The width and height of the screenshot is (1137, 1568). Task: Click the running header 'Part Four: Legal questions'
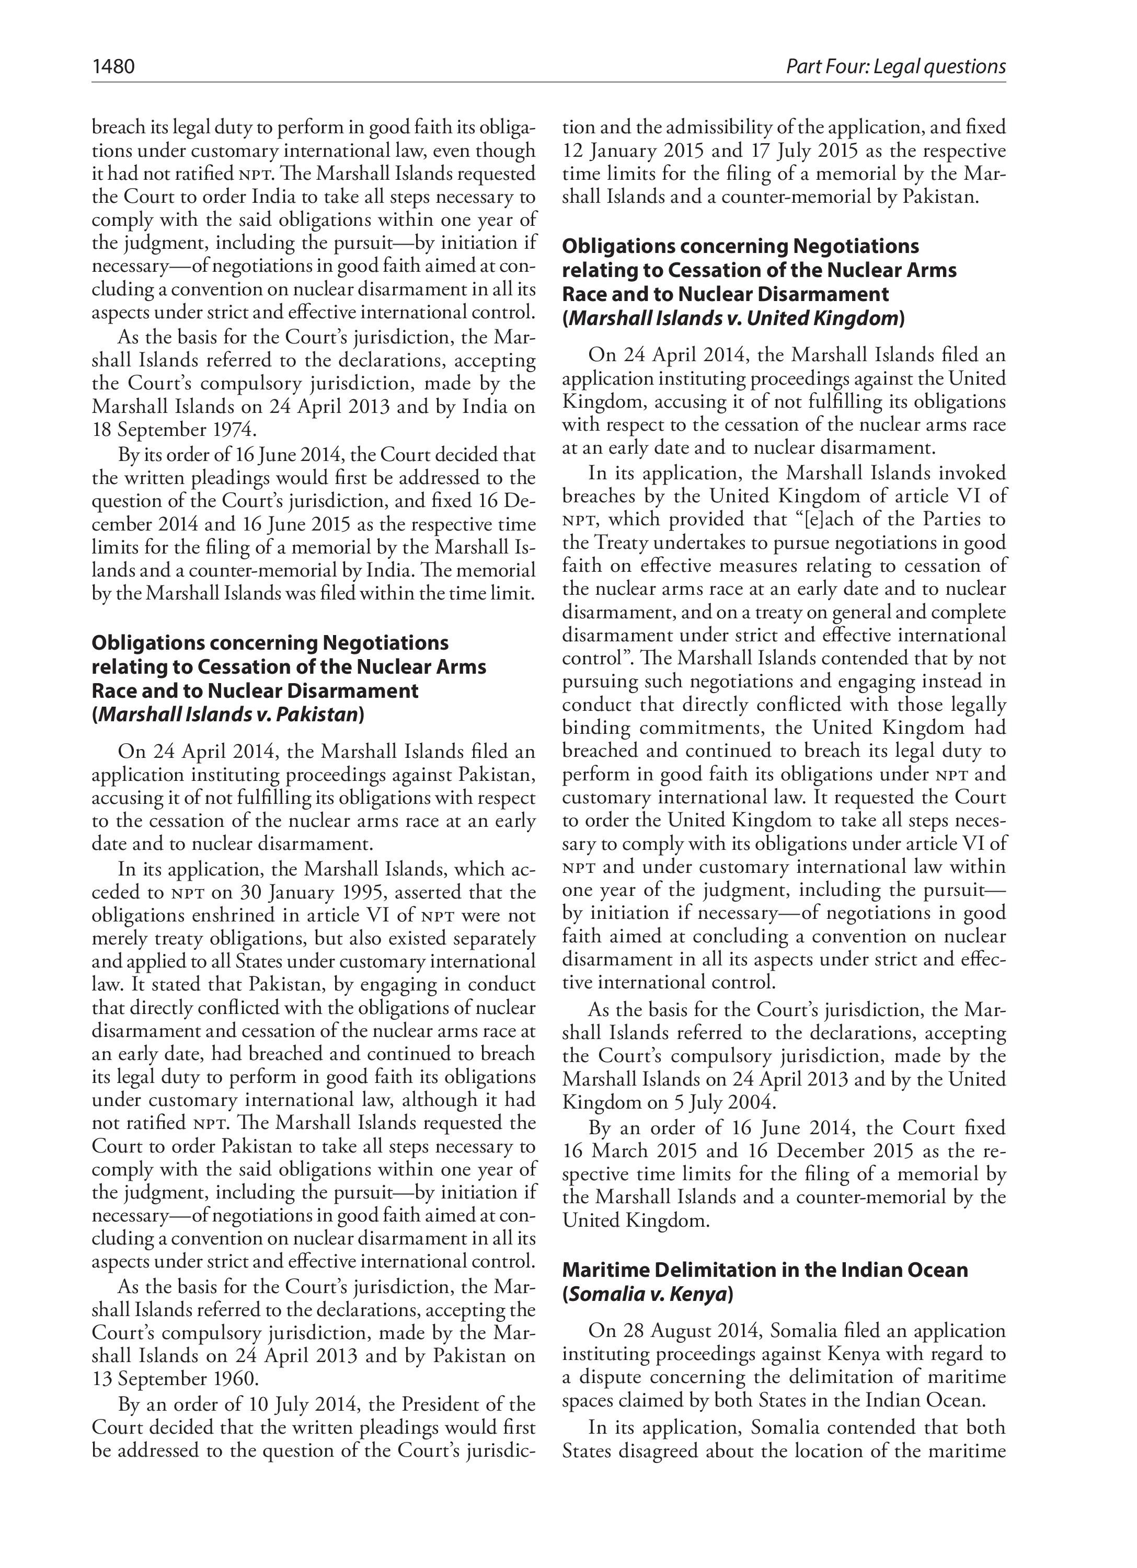coord(895,66)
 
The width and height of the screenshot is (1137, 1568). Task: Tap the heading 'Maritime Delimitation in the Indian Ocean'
coord(765,1270)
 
